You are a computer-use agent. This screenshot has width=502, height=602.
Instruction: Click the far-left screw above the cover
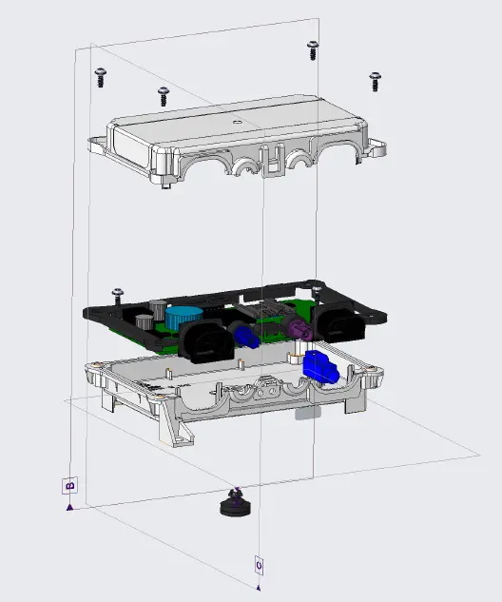pos(100,76)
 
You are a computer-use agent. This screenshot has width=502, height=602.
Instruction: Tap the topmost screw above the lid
pos(312,49)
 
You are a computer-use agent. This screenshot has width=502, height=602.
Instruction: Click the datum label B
pos(69,486)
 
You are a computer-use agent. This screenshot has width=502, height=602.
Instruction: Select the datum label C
pos(259,564)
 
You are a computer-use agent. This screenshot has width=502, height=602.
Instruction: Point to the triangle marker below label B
pos(69,507)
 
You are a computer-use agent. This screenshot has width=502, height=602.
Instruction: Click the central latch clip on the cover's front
pos(275,162)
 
